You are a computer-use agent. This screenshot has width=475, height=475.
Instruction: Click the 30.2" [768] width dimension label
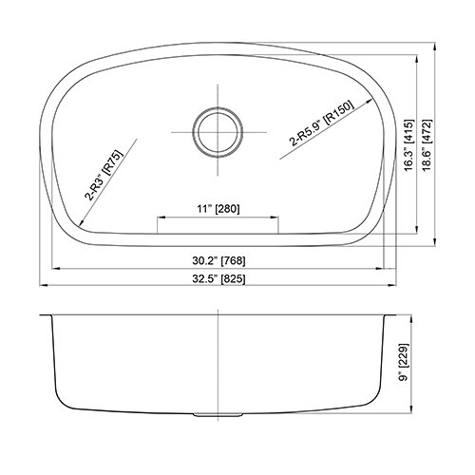(x=218, y=261)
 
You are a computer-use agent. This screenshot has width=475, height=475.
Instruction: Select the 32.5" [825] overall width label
(x=218, y=279)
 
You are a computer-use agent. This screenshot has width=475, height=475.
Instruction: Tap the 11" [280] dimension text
(x=218, y=209)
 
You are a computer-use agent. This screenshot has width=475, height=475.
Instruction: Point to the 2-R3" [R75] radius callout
(x=103, y=175)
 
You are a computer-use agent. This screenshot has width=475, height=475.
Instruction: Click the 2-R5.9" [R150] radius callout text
(x=321, y=123)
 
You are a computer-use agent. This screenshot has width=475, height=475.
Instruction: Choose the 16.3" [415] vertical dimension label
(x=409, y=145)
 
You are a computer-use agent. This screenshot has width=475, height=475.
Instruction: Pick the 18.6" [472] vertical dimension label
(x=427, y=145)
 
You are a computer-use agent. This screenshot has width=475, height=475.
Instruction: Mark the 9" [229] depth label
(x=405, y=362)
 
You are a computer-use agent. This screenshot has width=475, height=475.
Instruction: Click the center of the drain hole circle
(x=218, y=132)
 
